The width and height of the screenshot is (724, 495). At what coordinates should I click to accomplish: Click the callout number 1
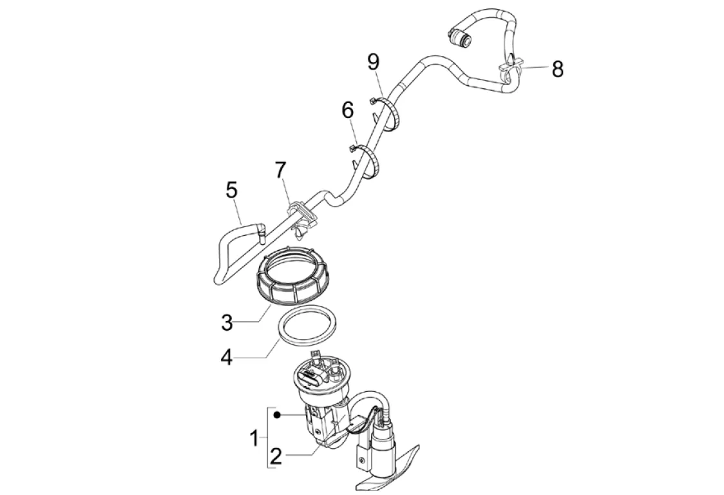point(255,440)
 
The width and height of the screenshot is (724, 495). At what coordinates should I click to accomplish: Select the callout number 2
point(276,456)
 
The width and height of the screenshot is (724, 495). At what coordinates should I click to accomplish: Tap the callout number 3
point(227,322)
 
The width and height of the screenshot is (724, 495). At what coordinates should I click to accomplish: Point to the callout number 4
point(227,357)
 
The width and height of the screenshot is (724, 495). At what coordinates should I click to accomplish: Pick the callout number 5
point(231,190)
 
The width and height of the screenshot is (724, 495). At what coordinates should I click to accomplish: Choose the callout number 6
point(348,110)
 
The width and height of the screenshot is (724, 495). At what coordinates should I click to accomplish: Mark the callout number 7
point(280,170)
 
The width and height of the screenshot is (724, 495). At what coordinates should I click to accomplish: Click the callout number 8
point(557,69)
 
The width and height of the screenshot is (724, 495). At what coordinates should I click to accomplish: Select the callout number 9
point(374,62)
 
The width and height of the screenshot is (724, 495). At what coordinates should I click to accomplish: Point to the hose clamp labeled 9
point(390,113)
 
